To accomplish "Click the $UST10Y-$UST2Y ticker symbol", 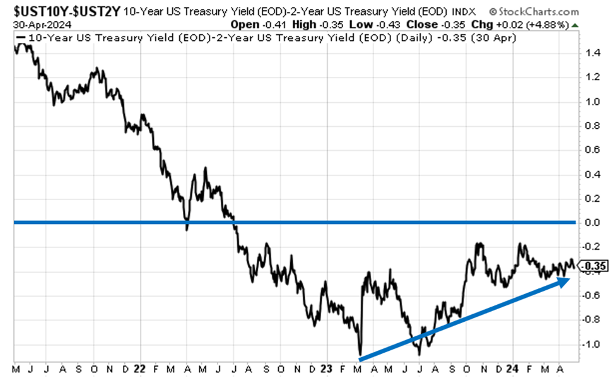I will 61,11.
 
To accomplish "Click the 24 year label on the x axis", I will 515,368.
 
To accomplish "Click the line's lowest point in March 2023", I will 360,354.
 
